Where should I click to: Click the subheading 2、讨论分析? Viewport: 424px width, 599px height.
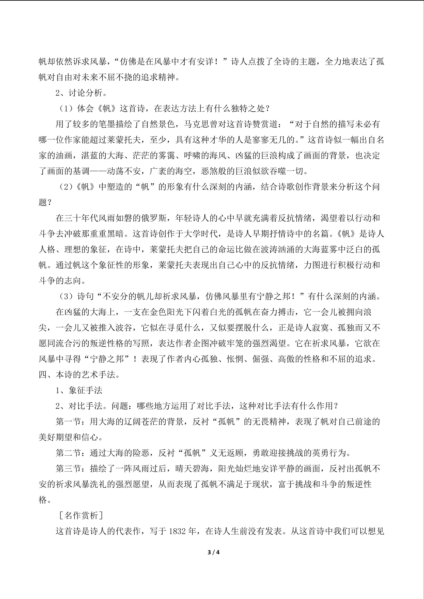click(x=78, y=93)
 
